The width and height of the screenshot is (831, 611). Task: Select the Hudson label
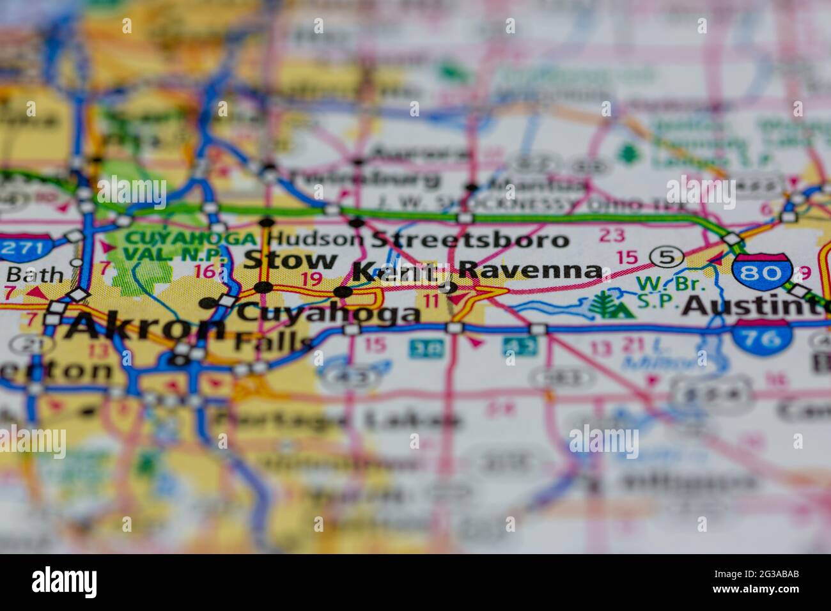click(315, 239)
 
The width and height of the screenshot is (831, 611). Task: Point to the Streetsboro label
click(469, 240)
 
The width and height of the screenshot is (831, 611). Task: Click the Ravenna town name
click(530, 270)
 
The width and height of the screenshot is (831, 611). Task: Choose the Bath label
click(35, 275)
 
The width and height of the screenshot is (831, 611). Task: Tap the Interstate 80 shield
click(763, 272)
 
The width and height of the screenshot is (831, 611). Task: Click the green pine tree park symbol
click(610, 305)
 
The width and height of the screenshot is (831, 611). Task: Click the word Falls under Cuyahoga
click(272, 342)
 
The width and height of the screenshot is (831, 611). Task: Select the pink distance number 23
click(612, 236)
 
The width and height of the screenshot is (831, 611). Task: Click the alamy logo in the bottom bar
click(65, 582)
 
